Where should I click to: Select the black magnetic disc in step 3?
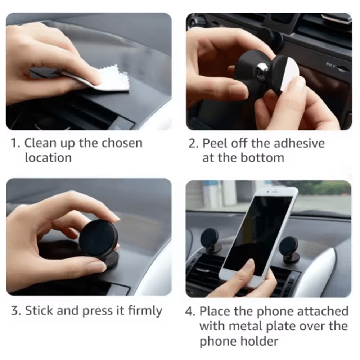98,238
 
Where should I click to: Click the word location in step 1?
48,158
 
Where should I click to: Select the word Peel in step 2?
215,143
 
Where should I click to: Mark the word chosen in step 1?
122,143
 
